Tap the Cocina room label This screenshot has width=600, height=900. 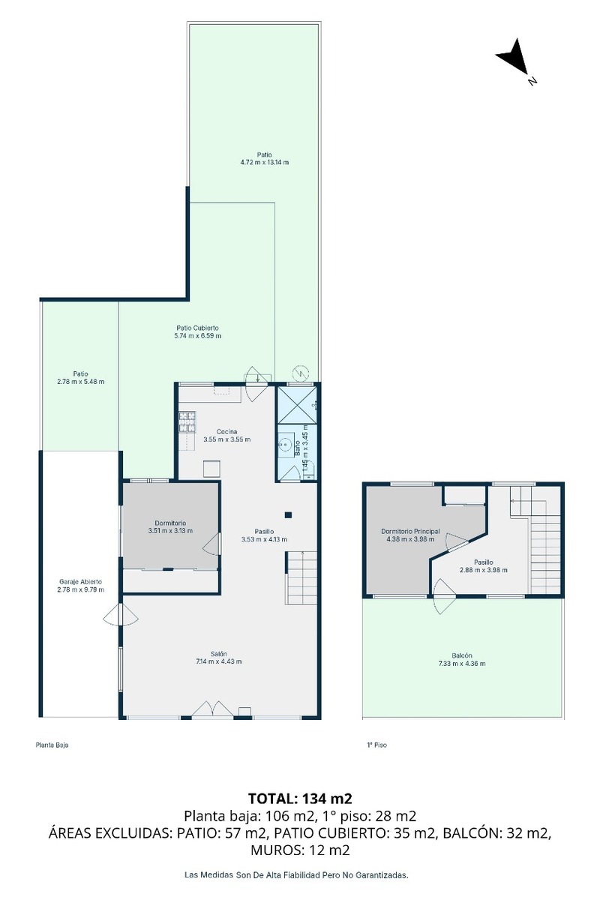click(x=226, y=431)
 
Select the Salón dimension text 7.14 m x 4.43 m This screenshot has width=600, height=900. click(x=218, y=661)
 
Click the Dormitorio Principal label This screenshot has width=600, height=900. click(x=410, y=531)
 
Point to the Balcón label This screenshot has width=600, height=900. click(x=462, y=655)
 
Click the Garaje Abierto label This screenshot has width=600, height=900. click(x=80, y=581)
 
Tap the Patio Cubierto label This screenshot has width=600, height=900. click(x=197, y=328)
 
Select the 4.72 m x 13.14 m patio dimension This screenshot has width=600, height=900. click(x=265, y=162)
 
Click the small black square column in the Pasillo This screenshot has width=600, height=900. click(x=288, y=514)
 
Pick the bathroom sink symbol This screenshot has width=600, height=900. click(x=285, y=444)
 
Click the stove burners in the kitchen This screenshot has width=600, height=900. click(x=187, y=421)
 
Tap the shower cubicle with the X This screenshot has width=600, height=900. click(x=297, y=404)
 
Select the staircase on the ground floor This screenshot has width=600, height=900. click(x=301, y=577)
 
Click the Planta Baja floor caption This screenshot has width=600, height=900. click(x=52, y=745)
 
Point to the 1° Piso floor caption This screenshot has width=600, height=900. click(x=376, y=745)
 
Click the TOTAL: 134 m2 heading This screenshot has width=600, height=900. click(x=300, y=798)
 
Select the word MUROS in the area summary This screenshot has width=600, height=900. click(x=273, y=850)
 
